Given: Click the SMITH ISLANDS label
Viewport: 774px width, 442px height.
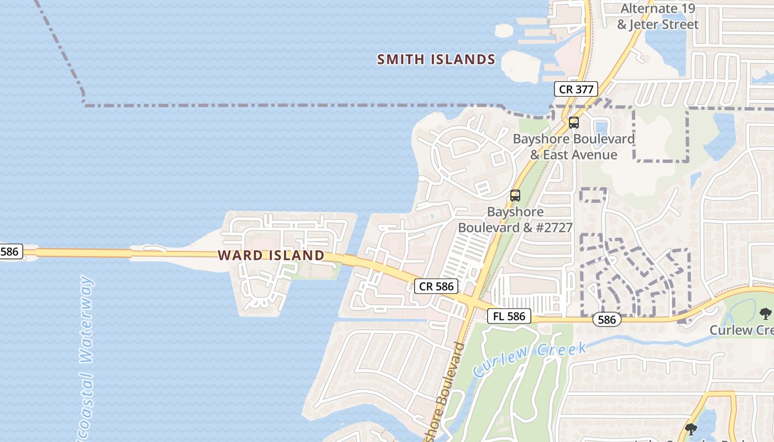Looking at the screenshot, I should [x=436, y=60].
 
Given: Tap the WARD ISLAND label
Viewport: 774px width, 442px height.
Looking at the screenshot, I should [x=271, y=255].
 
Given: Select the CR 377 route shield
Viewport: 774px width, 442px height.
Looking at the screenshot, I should [x=576, y=89].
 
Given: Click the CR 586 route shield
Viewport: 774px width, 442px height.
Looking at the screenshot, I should [x=436, y=286].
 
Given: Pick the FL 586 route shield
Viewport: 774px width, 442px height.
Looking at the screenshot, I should [x=509, y=317].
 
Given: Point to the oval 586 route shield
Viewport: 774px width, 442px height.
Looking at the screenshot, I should [x=606, y=319].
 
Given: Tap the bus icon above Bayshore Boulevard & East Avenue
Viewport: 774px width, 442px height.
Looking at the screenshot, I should [x=574, y=123].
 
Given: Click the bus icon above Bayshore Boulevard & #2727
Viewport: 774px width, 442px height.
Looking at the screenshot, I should [x=515, y=195].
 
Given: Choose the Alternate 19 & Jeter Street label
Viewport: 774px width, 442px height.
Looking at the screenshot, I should [x=657, y=17].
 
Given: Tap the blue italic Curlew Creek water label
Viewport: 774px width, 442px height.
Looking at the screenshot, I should [x=530, y=359].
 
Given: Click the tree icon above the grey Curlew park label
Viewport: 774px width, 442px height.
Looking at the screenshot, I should [x=766, y=314].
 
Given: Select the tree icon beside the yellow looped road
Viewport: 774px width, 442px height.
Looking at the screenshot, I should [x=691, y=429].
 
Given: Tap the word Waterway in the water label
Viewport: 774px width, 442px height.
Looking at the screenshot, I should [x=86, y=319].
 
